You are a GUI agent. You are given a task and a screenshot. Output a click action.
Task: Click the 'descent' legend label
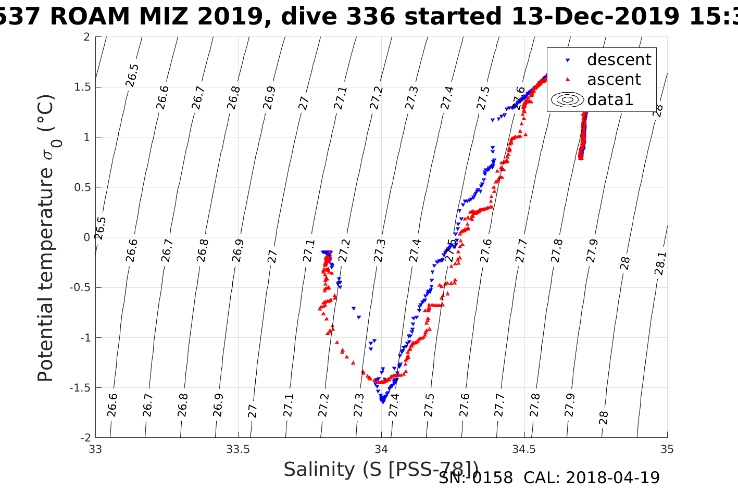point(619,60)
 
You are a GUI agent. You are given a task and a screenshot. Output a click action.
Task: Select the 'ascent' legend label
point(614,80)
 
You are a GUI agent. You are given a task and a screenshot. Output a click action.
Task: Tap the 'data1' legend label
point(610,99)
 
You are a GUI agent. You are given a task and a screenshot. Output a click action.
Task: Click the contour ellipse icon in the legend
point(567,99)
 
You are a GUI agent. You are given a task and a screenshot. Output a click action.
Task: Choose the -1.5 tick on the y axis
point(81,388)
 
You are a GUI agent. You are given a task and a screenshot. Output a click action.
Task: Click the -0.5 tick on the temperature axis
point(81,287)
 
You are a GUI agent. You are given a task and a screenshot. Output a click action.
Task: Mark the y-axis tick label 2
point(86,37)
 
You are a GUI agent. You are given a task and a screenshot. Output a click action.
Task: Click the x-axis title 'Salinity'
point(320,470)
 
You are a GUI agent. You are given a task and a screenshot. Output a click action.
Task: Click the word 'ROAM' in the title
point(90,17)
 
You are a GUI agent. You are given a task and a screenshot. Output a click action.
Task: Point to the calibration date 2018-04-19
point(612,477)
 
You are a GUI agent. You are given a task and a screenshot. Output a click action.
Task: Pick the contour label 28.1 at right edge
point(660,263)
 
